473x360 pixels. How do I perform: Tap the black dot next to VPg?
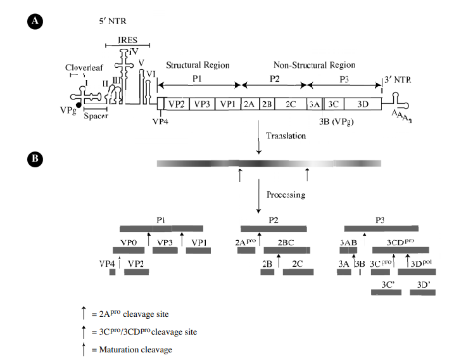[x=79, y=105]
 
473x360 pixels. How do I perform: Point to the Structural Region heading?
[x=198, y=65]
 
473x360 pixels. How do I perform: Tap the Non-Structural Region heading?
[x=314, y=65]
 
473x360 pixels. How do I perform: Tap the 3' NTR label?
[x=398, y=81]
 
